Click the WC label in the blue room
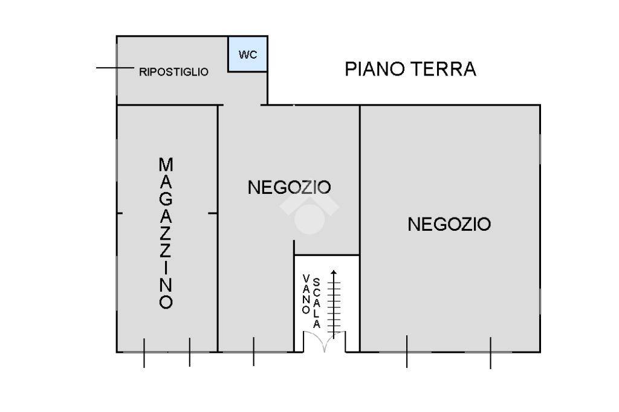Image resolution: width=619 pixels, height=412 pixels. click(248, 54)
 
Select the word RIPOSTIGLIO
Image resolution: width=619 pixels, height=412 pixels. click(173, 72)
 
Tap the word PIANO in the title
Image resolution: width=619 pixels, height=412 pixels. click(375, 69)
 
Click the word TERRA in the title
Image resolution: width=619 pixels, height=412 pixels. click(444, 69)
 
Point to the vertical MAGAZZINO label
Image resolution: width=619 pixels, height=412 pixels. click(166, 233)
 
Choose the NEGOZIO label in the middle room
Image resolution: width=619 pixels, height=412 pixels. click(289, 187)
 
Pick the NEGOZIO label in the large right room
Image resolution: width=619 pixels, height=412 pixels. click(449, 224)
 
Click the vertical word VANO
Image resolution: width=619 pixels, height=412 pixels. click(306, 294)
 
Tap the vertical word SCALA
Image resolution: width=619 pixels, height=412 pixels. click(317, 303)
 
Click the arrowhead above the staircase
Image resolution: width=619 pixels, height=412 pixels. click(334, 272)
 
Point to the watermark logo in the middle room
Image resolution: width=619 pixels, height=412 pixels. click(309, 214)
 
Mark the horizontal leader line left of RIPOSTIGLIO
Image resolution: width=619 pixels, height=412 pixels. click(115, 68)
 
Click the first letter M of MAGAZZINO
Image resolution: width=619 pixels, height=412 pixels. click(166, 164)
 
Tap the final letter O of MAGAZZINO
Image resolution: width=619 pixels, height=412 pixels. click(166, 302)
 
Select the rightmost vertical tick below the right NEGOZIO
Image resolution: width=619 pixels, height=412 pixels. click(491, 353)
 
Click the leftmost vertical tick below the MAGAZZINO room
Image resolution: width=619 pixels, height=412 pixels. click(144, 353)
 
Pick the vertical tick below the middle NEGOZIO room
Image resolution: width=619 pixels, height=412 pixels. click(253, 352)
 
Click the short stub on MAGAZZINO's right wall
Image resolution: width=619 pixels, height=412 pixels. click(213, 213)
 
